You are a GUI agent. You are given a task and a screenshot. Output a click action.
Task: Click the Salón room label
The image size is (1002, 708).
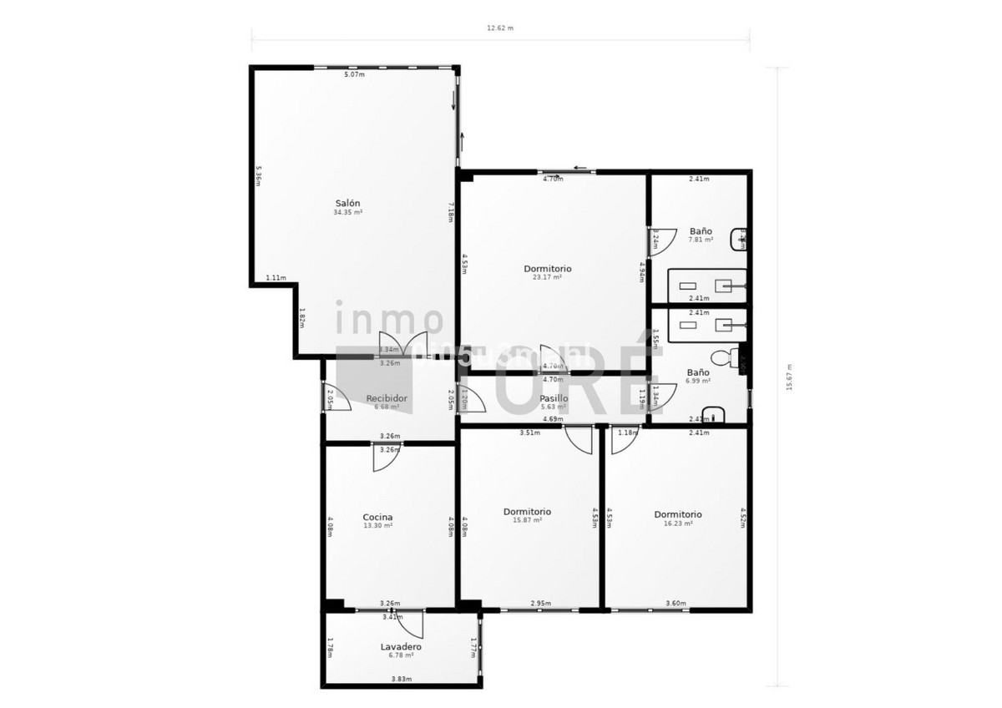click(347, 204)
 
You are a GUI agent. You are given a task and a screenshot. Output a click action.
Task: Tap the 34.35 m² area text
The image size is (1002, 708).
click(347, 213)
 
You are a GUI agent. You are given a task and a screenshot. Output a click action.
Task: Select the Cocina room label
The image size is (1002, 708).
click(377, 518)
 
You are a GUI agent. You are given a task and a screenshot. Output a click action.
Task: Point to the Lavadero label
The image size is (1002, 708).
click(401, 646)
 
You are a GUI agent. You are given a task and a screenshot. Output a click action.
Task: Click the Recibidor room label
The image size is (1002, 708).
click(387, 398)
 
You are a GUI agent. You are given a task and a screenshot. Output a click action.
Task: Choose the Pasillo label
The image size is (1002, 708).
click(554, 398)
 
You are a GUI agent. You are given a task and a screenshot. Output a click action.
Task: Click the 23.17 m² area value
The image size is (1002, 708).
click(547, 277)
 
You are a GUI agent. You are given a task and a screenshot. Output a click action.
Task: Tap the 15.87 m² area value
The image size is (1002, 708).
click(527, 520)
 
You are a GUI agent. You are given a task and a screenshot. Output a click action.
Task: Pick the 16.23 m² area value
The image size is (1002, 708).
click(677, 523)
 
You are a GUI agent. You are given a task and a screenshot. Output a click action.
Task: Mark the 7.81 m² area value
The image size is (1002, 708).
click(701, 240)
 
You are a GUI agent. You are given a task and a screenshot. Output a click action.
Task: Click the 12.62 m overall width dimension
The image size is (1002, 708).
click(500, 28)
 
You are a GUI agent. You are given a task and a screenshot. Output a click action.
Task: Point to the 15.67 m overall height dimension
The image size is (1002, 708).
click(788, 377)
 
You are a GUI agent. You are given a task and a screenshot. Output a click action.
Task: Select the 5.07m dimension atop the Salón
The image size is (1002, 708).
click(355, 74)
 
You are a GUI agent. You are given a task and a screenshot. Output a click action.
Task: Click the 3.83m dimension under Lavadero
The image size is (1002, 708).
click(401, 679)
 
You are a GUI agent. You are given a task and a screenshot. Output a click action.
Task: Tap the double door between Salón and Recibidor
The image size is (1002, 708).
click(402, 344)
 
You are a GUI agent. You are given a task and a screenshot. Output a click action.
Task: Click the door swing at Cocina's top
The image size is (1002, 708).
click(387, 458)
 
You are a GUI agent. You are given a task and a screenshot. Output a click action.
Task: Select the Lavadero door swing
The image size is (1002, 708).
click(410, 624)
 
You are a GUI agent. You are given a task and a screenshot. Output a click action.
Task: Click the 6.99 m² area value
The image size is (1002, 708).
click(698, 381)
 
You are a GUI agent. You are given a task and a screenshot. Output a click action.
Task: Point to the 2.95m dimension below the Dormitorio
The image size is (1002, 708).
click(540, 603)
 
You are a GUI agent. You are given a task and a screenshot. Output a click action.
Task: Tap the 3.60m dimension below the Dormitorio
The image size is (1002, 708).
click(676, 603)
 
